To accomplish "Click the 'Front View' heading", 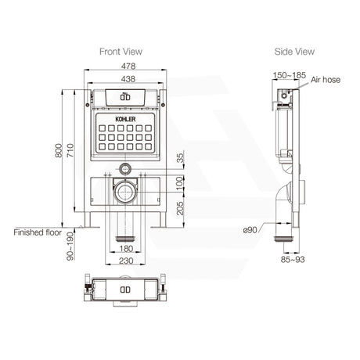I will (120, 52).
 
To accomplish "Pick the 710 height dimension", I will (72, 154).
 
